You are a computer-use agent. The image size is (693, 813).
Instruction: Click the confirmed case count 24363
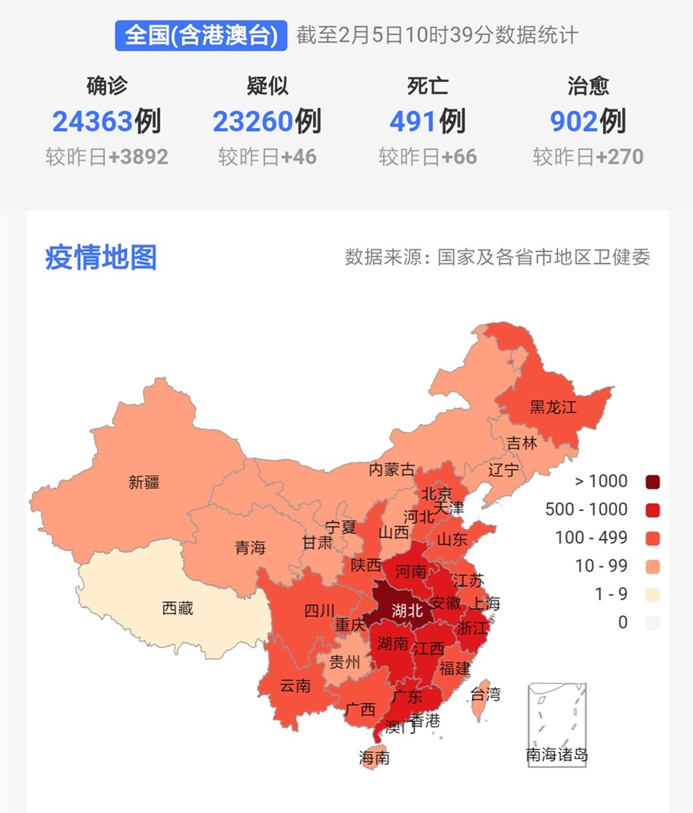click(92, 121)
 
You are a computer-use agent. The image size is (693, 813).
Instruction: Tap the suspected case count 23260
click(253, 121)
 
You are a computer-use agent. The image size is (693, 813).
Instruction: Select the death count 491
click(414, 121)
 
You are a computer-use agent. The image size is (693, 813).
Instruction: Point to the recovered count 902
click(574, 121)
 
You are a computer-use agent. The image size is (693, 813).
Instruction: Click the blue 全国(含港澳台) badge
click(201, 35)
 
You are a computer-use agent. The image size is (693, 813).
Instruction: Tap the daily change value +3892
click(138, 157)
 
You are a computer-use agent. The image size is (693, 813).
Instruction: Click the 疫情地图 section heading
click(101, 257)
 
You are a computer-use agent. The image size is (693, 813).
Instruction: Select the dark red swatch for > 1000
click(653, 482)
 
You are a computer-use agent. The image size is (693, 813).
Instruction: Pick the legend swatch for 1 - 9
click(653, 594)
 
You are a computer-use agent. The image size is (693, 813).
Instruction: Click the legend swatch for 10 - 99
click(653, 566)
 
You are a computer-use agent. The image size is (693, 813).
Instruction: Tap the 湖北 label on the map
click(407, 610)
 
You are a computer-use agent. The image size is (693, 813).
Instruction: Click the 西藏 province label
click(177, 607)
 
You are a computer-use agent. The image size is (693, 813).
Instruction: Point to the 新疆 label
click(144, 482)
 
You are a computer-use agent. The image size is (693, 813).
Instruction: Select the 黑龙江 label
click(552, 406)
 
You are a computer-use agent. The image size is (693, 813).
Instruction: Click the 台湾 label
click(485, 694)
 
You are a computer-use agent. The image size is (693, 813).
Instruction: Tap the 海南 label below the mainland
click(374, 757)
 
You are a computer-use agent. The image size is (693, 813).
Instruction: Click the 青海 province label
click(250, 547)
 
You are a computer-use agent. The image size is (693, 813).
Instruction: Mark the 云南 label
click(295, 685)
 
